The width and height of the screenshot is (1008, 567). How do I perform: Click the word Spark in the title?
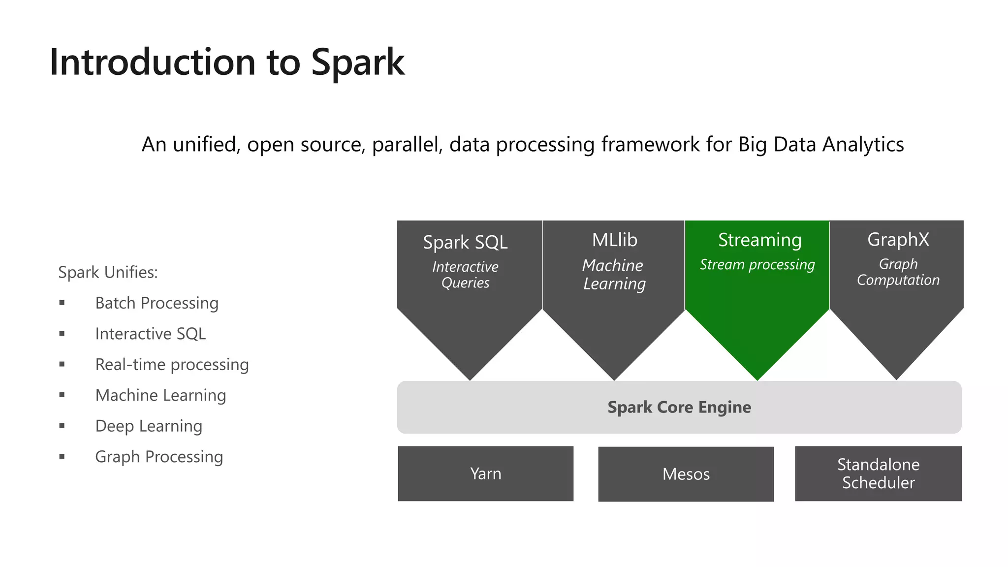pyautogui.click(x=358, y=63)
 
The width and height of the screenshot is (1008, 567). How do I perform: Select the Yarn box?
pyautogui.click(x=485, y=473)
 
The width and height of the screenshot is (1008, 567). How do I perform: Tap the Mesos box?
pyautogui.click(x=686, y=474)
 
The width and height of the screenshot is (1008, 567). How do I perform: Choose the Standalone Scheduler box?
pyautogui.click(x=878, y=473)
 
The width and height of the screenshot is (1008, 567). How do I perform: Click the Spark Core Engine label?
pyautogui.click(x=679, y=407)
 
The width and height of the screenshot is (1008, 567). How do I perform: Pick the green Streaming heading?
pyautogui.click(x=759, y=240)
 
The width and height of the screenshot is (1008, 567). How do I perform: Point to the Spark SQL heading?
pyautogui.click(x=465, y=242)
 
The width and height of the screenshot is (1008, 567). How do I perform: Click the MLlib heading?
pyautogui.click(x=614, y=240)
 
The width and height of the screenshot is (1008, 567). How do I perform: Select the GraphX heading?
pyautogui.click(x=898, y=240)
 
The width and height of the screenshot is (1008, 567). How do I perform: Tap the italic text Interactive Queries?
pyautogui.click(x=465, y=275)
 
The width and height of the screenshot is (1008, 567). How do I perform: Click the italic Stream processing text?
pyautogui.click(x=757, y=265)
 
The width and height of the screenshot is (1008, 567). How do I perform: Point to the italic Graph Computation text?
pyautogui.click(x=898, y=272)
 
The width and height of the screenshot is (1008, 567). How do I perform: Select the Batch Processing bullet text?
pyautogui.click(x=157, y=303)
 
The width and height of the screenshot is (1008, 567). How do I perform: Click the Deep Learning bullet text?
pyautogui.click(x=149, y=426)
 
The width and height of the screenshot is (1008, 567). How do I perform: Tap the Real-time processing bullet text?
pyautogui.click(x=172, y=365)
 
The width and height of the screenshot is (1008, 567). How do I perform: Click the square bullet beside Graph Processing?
pyautogui.click(x=62, y=457)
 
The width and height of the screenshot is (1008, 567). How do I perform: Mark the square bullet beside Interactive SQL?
pyautogui.click(x=62, y=334)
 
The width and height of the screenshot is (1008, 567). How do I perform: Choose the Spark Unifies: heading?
pyautogui.click(x=108, y=272)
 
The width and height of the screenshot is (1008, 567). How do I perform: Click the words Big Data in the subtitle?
pyautogui.click(x=777, y=145)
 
